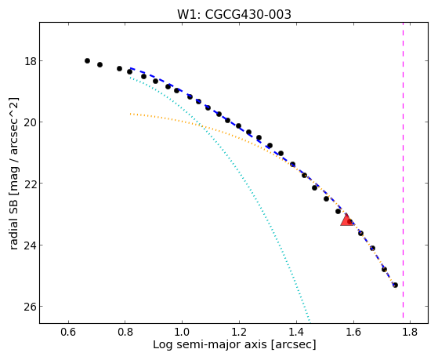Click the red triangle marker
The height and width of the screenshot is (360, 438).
pos(346,220)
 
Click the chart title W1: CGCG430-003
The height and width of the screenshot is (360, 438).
pos(234,15)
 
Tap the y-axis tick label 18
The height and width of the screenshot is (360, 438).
pos(31,61)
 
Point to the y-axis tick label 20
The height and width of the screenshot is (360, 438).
pos(31,122)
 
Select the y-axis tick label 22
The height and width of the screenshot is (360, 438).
pos(31,184)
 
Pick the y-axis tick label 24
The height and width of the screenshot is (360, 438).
pos(31,245)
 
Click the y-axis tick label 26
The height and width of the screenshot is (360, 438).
pos(31,307)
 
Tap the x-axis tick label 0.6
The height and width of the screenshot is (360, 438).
pos(68,332)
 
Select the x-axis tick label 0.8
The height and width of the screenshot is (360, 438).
pos(125,332)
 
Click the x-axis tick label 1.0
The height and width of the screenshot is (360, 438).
pos(182,332)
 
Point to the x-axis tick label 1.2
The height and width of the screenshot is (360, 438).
pos(239,332)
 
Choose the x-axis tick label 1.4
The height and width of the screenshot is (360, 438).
pos(296,332)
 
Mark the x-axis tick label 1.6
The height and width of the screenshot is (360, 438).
pos(353,332)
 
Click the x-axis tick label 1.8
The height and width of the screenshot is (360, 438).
pos(410,332)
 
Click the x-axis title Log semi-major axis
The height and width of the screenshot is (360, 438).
pos(209,345)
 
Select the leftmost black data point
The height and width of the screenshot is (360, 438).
pos(87,60)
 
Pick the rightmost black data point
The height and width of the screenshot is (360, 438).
pos(395,285)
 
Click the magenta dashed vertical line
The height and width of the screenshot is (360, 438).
pos(403,170)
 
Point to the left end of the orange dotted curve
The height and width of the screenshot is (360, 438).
pos(130,114)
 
